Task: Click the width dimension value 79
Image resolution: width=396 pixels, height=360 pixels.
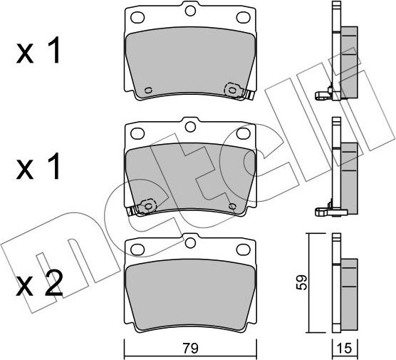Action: coord(191,349)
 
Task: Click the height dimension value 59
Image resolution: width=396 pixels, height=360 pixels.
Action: coord(301,282)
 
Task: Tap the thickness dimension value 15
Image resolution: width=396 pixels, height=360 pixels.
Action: coord(345,349)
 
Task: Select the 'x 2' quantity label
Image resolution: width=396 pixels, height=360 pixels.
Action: coord(39,283)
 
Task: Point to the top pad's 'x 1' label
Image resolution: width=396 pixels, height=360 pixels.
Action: coord(38,50)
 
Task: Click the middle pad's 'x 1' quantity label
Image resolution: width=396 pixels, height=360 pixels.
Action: coord(38,166)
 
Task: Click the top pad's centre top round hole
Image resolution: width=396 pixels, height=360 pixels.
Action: coord(190,11)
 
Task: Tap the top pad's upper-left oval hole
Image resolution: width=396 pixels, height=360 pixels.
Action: coord(137,17)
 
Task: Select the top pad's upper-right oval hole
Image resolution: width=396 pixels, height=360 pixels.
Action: coord(243,17)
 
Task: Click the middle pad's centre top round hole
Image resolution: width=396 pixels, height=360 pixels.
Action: coord(190,127)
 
